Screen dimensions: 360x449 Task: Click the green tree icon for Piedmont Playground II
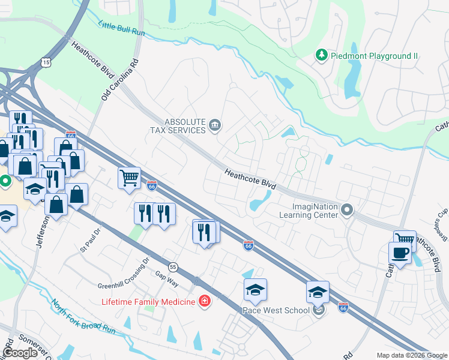(x=322, y=56)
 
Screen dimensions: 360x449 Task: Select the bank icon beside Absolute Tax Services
(x=215, y=125)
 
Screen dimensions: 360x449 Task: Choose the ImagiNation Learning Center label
(x=309, y=211)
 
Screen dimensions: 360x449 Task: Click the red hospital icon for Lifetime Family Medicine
(x=205, y=301)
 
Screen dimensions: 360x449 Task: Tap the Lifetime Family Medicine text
(x=149, y=301)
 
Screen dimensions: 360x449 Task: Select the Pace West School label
(x=276, y=310)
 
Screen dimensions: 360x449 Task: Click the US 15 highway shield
(x=46, y=62)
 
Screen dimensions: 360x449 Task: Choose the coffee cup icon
(x=400, y=253)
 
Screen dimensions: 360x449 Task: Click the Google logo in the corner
(x=20, y=353)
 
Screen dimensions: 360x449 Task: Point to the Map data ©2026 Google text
(x=411, y=355)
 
